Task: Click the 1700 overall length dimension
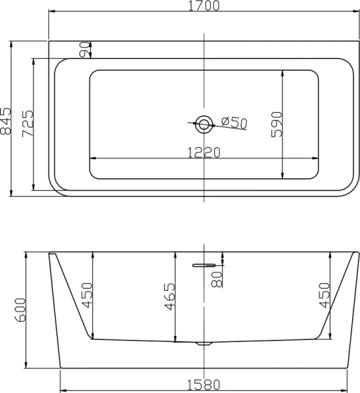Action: click(x=204, y=5)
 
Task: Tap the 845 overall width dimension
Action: click(x=6, y=121)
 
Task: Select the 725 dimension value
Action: click(x=27, y=124)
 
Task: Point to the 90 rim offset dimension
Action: click(x=84, y=49)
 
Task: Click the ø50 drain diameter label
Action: click(x=234, y=122)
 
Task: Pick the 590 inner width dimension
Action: click(x=277, y=124)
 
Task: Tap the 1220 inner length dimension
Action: click(x=204, y=153)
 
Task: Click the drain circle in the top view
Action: click(x=204, y=124)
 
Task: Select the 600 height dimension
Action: click(x=20, y=310)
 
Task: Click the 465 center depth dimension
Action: click(x=170, y=297)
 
